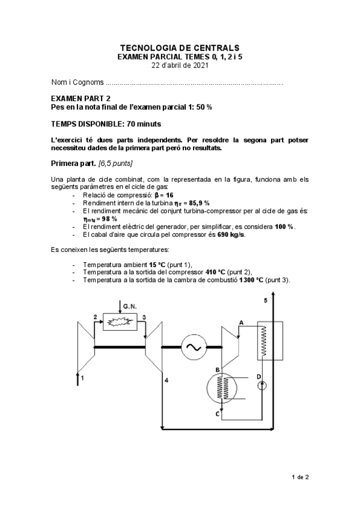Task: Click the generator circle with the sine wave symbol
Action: click(x=195, y=346)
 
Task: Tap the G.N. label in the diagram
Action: click(x=130, y=306)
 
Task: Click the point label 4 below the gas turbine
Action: click(x=166, y=380)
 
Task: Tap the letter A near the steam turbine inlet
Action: click(x=241, y=322)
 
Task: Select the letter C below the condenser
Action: click(x=216, y=414)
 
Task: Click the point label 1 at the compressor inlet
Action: click(x=82, y=378)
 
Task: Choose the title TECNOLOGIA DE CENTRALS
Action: click(x=180, y=47)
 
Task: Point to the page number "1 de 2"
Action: click(x=300, y=478)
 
